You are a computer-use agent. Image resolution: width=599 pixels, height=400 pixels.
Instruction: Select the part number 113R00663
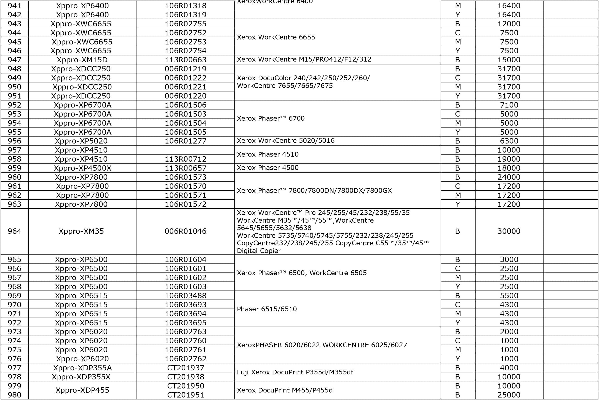pos(185,60)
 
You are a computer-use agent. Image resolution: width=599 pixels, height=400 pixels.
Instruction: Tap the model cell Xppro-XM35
pos(81,231)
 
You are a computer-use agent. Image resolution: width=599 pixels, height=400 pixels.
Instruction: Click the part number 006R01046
pos(185,231)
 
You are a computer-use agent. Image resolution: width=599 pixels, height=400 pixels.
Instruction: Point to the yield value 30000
pos(509,231)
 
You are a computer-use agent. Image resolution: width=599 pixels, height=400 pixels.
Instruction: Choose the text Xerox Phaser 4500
pos(267,168)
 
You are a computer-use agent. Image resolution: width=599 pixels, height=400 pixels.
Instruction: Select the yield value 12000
pos(509,24)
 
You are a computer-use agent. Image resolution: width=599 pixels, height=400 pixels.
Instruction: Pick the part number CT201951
pos(185,395)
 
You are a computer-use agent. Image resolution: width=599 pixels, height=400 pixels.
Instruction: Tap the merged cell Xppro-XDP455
pos(82,390)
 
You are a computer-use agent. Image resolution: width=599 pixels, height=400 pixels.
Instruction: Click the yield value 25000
pos(509,395)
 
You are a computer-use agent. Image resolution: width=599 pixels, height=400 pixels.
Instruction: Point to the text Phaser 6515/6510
pos(267,309)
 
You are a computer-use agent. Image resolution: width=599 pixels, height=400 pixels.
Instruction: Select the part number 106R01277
pos(185,141)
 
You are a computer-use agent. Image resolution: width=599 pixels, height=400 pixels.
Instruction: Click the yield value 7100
pos(509,105)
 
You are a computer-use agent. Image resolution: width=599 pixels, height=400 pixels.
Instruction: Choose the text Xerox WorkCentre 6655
pos(276,37)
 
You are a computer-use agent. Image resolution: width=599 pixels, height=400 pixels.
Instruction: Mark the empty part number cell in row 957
pos(185,150)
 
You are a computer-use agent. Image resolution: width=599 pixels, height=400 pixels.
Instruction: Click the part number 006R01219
pos(185,69)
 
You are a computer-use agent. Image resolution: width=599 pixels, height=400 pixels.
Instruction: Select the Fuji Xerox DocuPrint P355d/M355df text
pos(295,372)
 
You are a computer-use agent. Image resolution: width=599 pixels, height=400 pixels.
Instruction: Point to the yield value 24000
pos(509,177)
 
